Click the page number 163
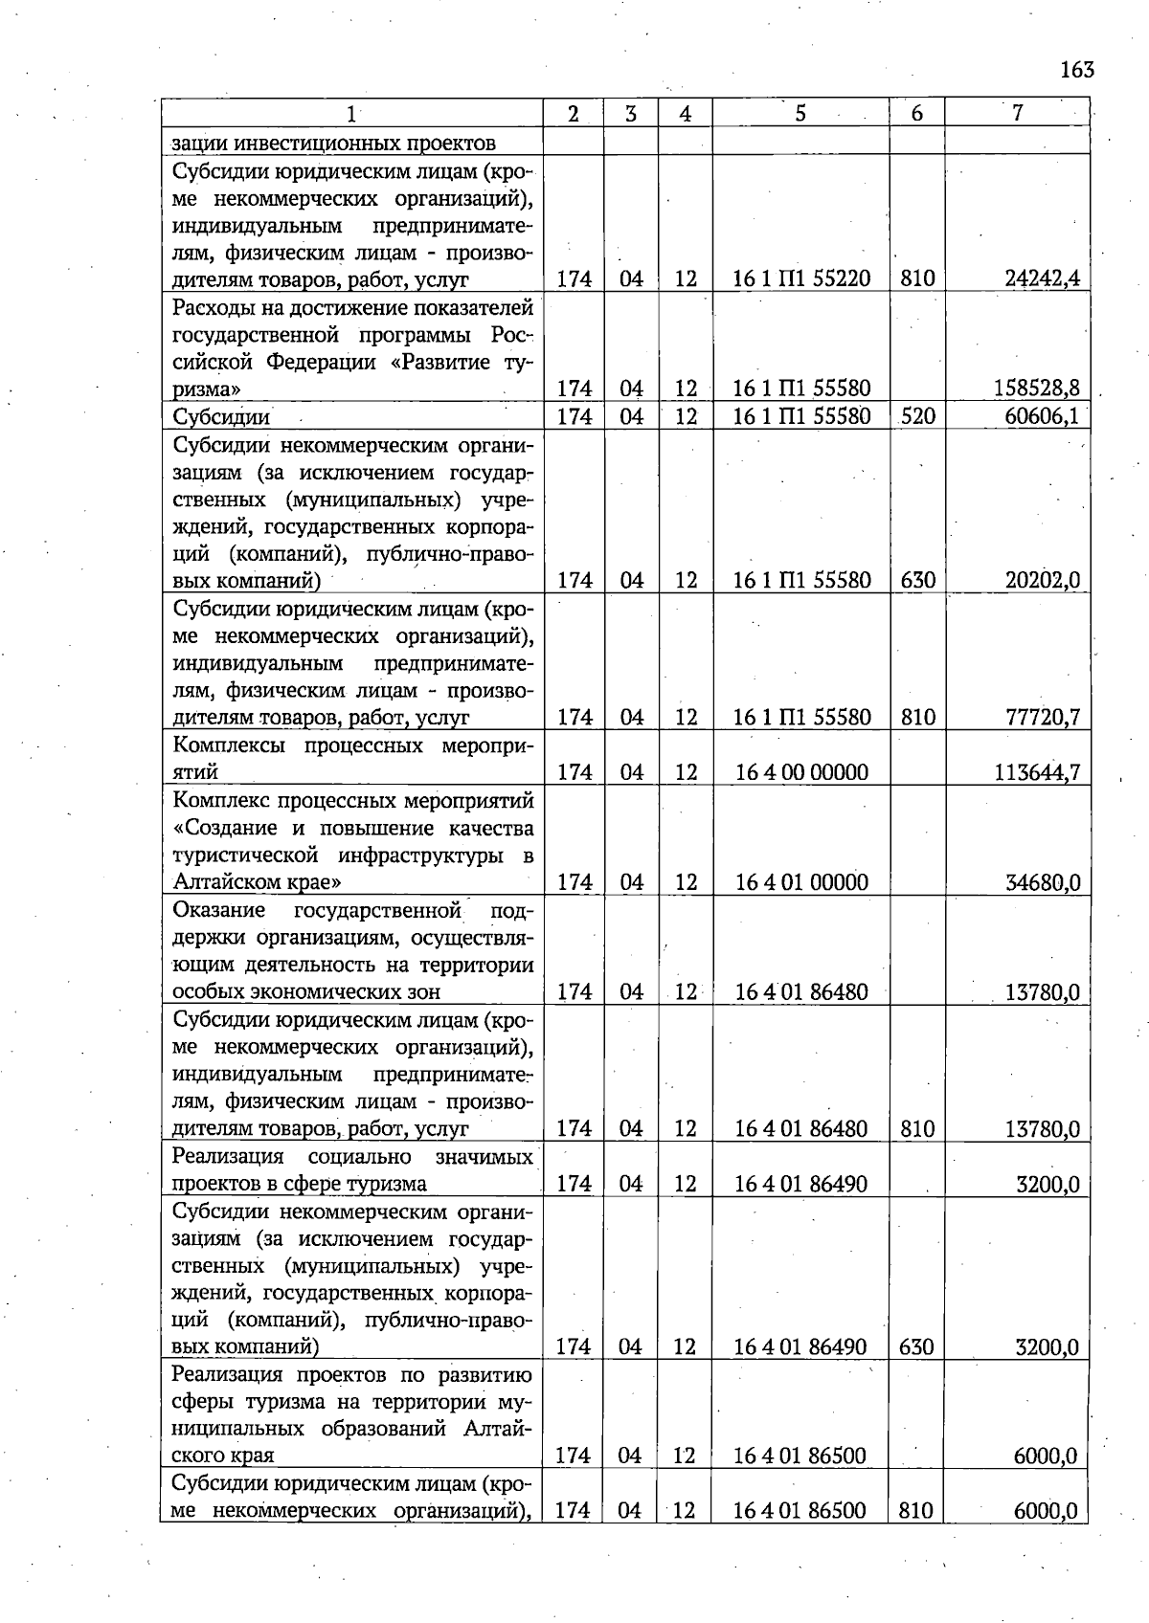(x=1076, y=70)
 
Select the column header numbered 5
(x=800, y=113)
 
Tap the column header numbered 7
(x=1017, y=113)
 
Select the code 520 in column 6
(x=916, y=416)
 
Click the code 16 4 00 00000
(x=801, y=772)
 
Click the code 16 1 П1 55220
(x=801, y=278)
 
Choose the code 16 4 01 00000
(x=801, y=882)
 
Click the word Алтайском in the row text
(x=220, y=882)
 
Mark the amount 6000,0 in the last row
(x=1046, y=1511)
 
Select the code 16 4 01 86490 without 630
(x=801, y=1184)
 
